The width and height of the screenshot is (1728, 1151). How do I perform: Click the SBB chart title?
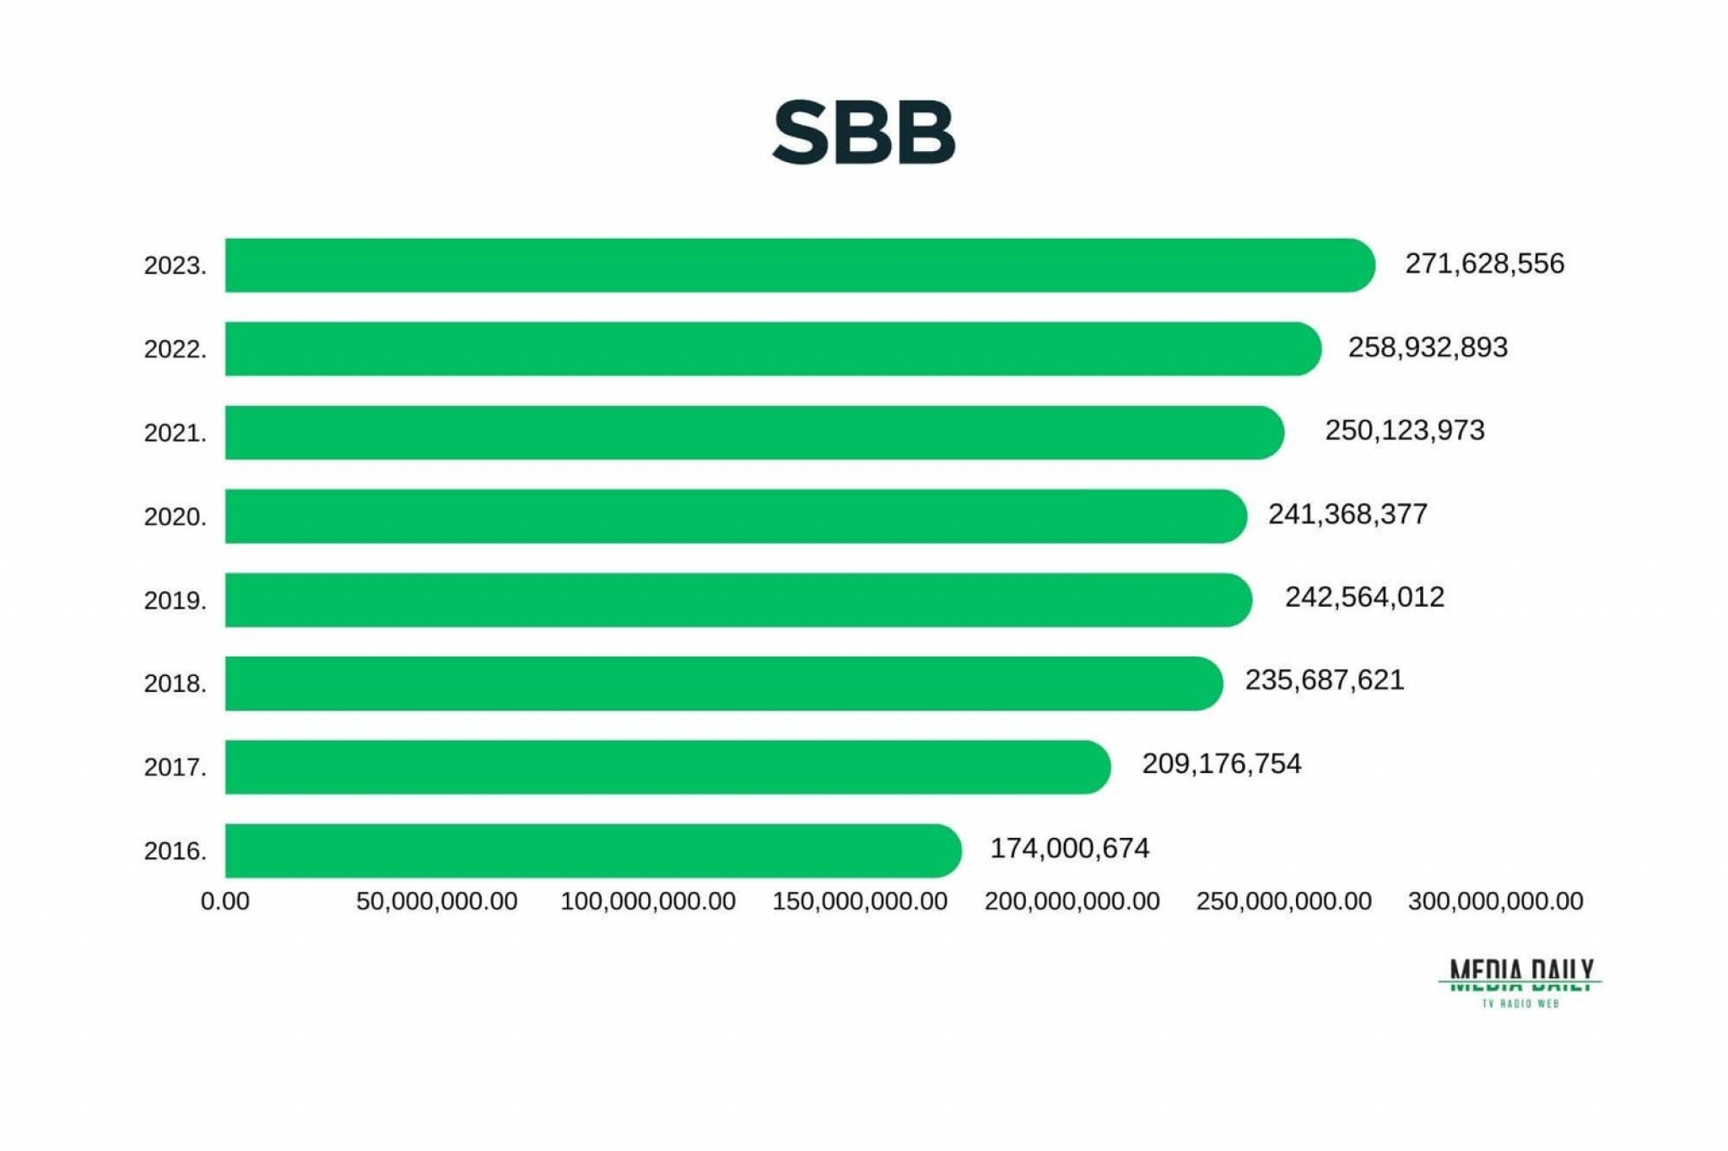(863, 132)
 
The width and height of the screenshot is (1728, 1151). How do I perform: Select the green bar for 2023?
(799, 265)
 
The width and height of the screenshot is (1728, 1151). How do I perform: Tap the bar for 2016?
(592, 851)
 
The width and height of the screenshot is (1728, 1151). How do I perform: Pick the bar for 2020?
(735, 516)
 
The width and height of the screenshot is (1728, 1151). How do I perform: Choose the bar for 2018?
(723, 684)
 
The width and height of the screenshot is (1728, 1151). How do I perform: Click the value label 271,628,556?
(1484, 264)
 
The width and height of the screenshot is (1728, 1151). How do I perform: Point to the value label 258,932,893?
(1427, 348)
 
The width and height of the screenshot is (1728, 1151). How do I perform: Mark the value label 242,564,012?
(1364, 597)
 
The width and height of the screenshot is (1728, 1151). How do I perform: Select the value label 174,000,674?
(1069, 848)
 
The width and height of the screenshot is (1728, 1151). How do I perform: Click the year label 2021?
(175, 433)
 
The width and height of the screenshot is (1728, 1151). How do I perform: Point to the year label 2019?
(175, 601)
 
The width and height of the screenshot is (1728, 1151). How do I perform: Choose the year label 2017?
(175, 767)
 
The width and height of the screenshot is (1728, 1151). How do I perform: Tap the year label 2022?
(175, 349)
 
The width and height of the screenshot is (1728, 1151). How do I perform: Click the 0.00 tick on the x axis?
(224, 901)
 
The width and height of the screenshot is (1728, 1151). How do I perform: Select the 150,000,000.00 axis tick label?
(859, 901)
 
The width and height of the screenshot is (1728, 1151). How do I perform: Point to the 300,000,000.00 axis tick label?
(1494, 901)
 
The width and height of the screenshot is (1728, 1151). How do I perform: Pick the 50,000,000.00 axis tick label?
(436, 901)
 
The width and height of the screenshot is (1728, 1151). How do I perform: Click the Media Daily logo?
(1520, 982)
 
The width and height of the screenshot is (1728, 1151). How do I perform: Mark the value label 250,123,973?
(1404, 430)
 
